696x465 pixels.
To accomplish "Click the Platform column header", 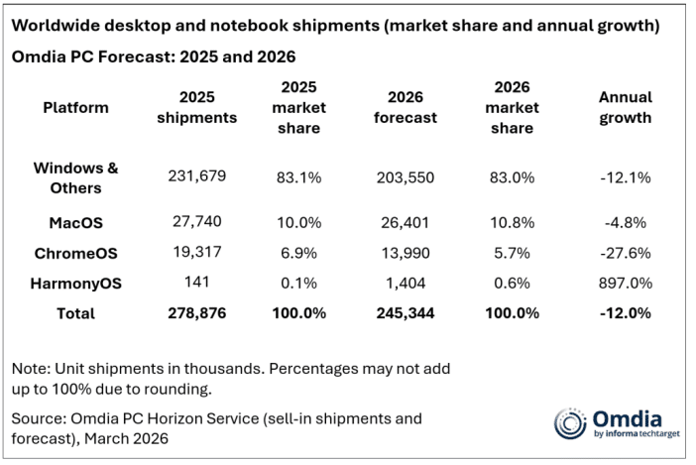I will tap(75, 107).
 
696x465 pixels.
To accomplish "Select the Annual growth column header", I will tap(626, 107).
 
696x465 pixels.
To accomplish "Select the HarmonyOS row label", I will tap(75, 283).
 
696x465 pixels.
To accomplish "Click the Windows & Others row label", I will tap(75, 176).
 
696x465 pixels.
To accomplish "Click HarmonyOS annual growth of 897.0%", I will tap(627, 283).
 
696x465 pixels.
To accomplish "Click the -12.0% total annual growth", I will tap(627, 313).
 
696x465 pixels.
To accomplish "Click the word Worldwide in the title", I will tap(61, 25).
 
